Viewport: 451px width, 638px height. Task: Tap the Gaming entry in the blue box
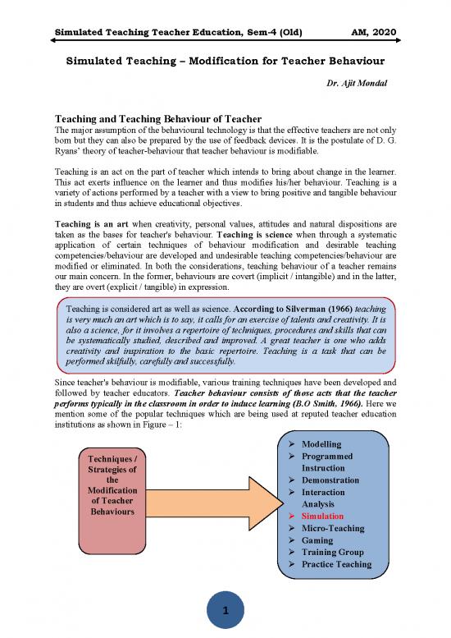point(317,540)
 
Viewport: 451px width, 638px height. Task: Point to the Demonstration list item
point(330,480)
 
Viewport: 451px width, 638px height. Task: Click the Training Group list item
point(332,553)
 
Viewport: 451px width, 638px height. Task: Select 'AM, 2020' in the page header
point(372,32)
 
